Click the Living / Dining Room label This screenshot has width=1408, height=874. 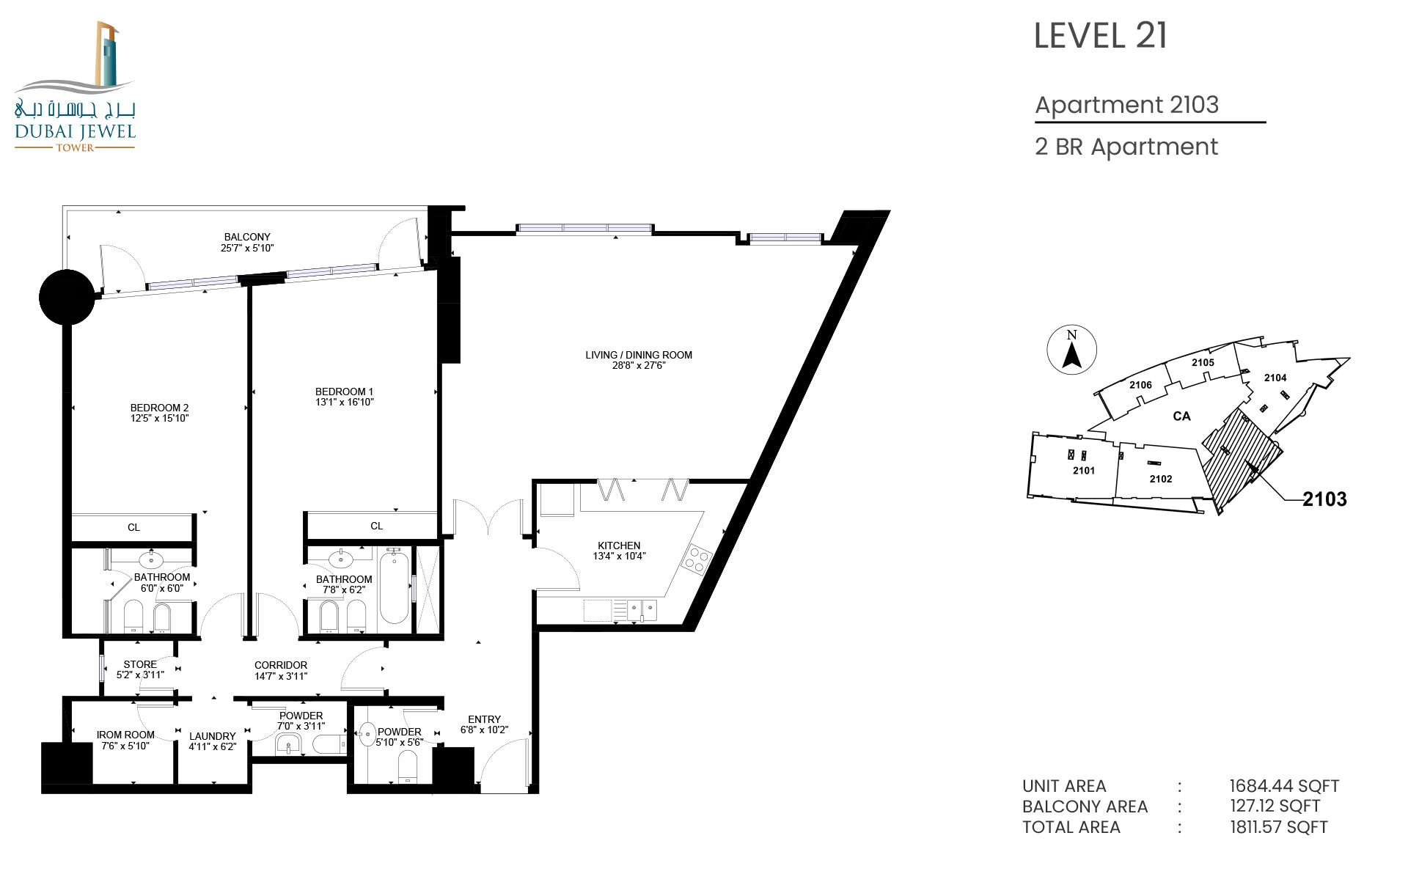tap(638, 355)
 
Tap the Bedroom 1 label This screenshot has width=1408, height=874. tap(344, 392)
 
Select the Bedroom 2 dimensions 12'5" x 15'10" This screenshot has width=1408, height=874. tap(159, 419)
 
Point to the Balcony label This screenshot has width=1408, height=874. tap(247, 237)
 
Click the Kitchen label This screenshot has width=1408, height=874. tap(619, 546)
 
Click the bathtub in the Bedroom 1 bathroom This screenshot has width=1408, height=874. tap(394, 587)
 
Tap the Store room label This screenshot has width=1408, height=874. tap(140, 664)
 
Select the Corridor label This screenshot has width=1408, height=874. tap(281, 665)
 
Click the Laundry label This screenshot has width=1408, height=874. tap(213, 736)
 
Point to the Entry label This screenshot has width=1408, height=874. tap(484, 719)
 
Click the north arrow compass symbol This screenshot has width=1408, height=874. tap(1072, 350)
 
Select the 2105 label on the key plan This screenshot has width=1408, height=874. tap(1203, 362)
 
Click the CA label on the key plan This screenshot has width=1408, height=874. tap(1181, 416)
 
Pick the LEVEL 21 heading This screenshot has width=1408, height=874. tap(1100, 36)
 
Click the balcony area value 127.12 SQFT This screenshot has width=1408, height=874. tap(1275, 806)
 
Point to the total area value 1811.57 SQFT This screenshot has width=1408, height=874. tap(1278, 827)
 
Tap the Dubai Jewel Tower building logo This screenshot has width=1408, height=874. tap(75, 87)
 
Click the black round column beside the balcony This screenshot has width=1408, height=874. tap(67, 297)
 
